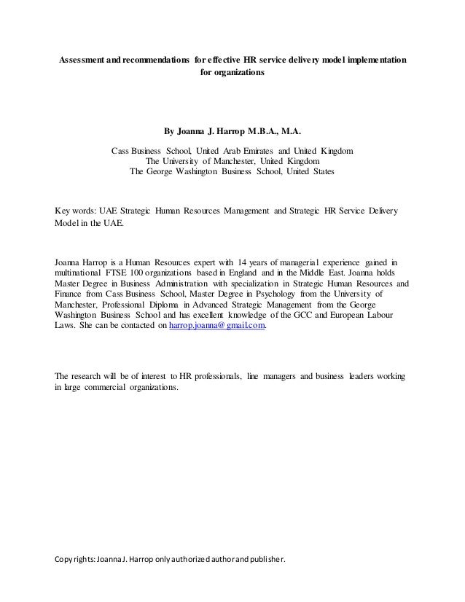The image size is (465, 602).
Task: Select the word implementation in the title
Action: (370, 58)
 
